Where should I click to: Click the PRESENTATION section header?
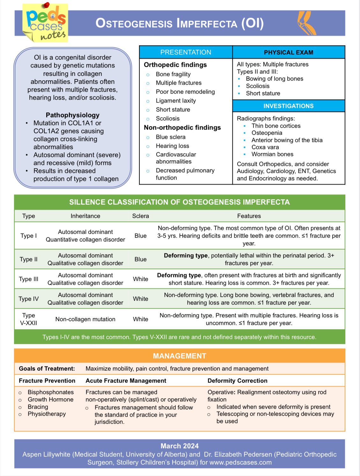tap(186, 52)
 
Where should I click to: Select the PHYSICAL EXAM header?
tap(289, 52)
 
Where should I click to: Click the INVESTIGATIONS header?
tap(289, 106)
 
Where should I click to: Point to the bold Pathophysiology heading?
tap(72, 115)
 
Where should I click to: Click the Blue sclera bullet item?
tap(171, 137)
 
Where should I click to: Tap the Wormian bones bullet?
tap(272, 154)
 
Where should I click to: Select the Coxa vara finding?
tap(265, 147)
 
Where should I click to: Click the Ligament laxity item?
tap(176, 101)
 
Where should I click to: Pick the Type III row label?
tap(28, 279)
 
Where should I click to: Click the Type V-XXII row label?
tap(28, 319)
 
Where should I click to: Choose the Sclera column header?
tap(140, 216)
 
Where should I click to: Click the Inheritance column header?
tap(85, 216)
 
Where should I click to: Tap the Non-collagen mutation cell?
tap(85, 319)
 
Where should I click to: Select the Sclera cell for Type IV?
tap(140, 299)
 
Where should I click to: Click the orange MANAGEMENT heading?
tap(180, 356)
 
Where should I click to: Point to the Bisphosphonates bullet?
tap(50, 392)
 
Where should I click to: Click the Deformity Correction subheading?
tap(237, 381)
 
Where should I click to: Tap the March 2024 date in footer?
tap(180, 446)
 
